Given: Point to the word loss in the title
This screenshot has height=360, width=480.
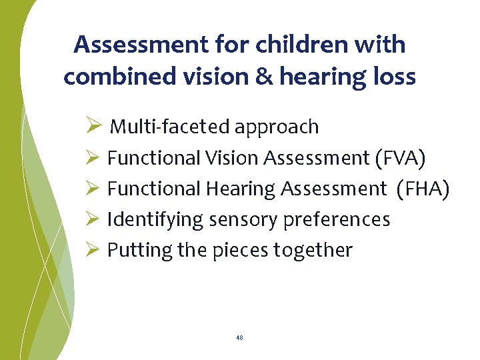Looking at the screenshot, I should pyautogui.click(x=393, y=77).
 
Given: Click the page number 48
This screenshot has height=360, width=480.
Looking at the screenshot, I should pyautogui.click(x=239, y=338).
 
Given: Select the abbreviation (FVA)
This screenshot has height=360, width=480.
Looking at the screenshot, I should pyautogui.click(x=401, y=159).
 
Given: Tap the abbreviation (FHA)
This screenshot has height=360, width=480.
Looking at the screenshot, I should pyautogui.click(x=423, y=189).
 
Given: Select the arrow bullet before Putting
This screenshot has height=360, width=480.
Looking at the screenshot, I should pyautogui.click(x=93, y=250).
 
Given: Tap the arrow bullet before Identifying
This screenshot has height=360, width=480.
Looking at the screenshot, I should pyautogui.click(x=93, y=219).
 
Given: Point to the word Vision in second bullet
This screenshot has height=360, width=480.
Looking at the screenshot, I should pyautogui.click(x=233, y=159).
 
